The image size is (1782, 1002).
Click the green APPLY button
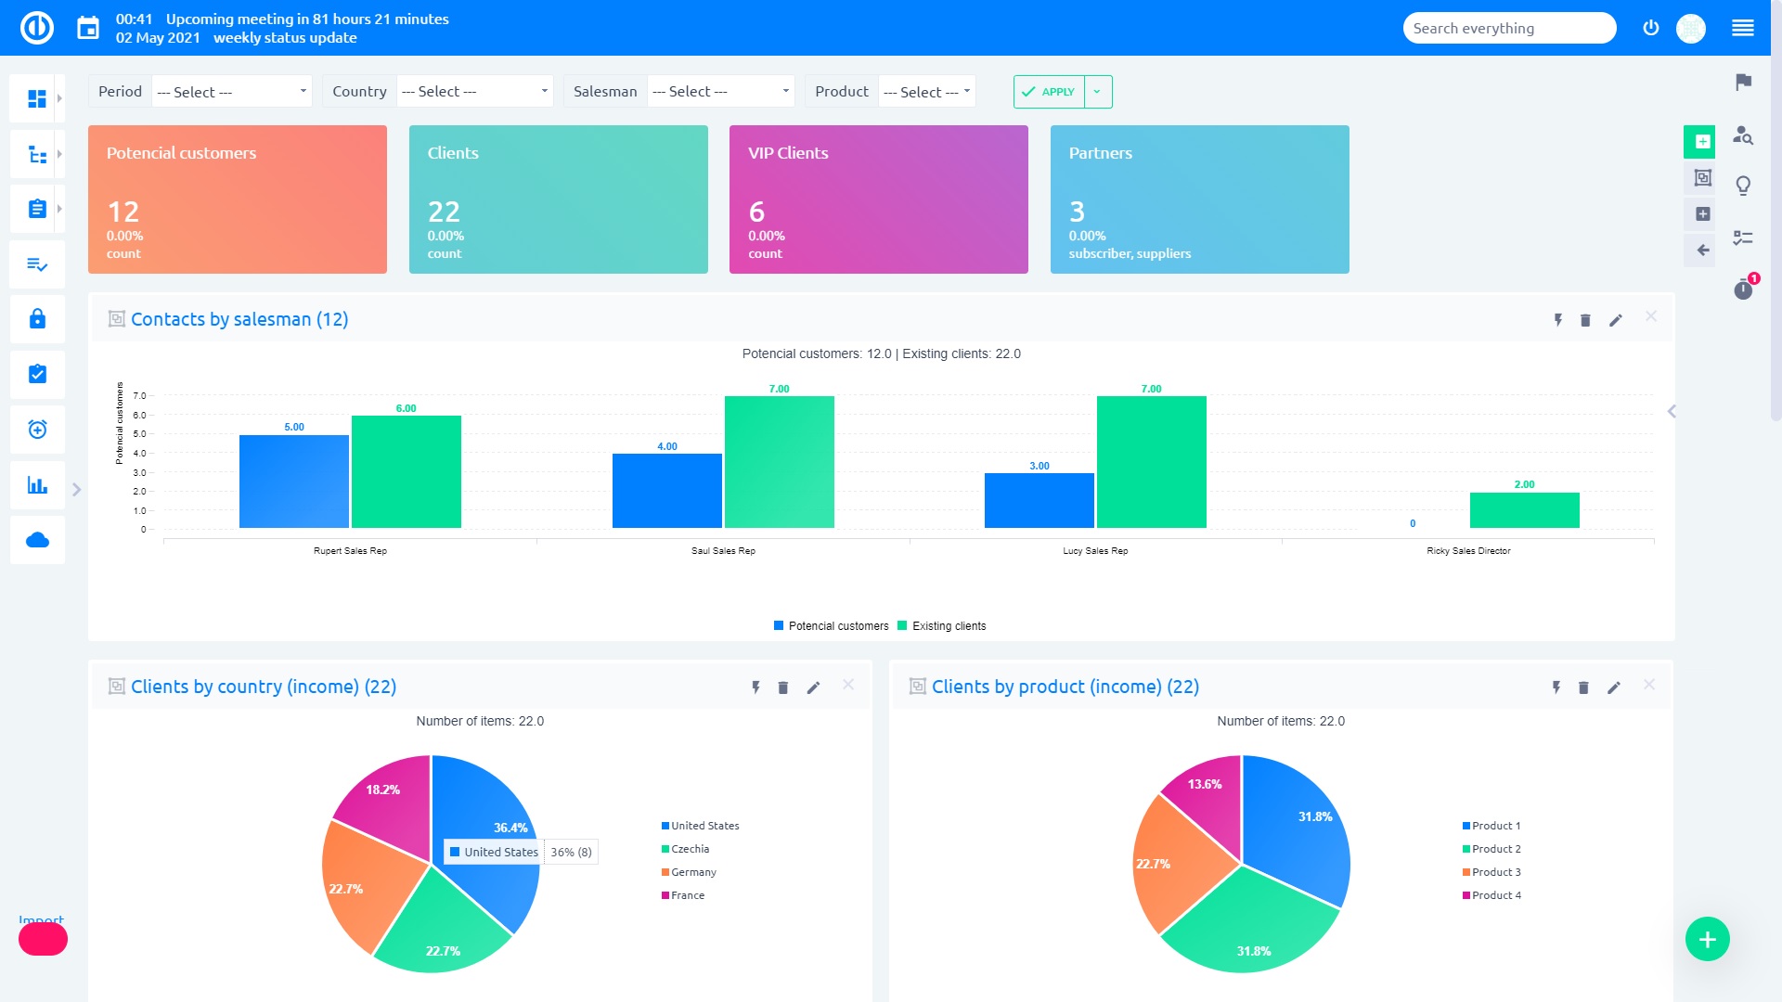(1049, 92)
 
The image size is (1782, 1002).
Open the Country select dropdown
(474, 92)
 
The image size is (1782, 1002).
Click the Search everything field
(1508, 29)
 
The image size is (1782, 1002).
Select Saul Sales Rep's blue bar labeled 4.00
(666, 491)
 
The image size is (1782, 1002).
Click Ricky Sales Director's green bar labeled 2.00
(1524, 510)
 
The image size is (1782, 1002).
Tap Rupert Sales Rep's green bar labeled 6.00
(406, 471)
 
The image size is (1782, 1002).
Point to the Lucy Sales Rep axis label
(1095, 551)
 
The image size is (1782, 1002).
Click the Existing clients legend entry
(948, 626)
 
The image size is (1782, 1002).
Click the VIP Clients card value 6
(756, 212)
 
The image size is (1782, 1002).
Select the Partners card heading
(1100, 153)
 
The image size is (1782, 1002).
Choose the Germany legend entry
(692, 872)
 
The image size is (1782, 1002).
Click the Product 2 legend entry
(1495, 849)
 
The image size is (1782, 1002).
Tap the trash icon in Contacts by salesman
(1585, 320)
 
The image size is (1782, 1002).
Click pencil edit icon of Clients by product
(1614, 687)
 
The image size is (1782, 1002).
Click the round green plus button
(1707, 940)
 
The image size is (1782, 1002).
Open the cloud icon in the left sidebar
(37, 541)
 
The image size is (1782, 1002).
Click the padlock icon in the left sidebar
(37, 319)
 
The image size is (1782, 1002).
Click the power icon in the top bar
(1650, 28)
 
